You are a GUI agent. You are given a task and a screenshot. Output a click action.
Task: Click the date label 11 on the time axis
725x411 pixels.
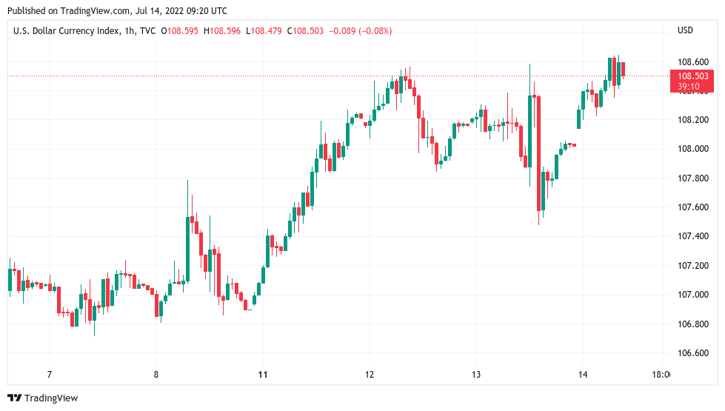tap(263, 375)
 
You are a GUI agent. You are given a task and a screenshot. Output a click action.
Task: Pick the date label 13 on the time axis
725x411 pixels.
tap(476, 375)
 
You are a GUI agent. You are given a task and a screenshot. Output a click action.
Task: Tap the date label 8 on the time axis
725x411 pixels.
tap(156, 375)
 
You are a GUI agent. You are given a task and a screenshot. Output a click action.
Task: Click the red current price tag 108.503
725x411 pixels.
tap(692, 76)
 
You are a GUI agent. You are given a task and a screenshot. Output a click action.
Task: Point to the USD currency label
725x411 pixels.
tap(685, 30)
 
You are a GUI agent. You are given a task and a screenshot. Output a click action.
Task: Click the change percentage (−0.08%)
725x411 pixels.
tap(374, 30)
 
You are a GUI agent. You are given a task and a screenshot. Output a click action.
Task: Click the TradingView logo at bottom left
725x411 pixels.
tap(42, 398)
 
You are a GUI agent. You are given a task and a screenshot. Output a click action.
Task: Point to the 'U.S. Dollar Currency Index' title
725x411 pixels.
tap(64, 30)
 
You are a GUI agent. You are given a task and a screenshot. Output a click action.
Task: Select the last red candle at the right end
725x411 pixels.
tap(624, 70)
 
